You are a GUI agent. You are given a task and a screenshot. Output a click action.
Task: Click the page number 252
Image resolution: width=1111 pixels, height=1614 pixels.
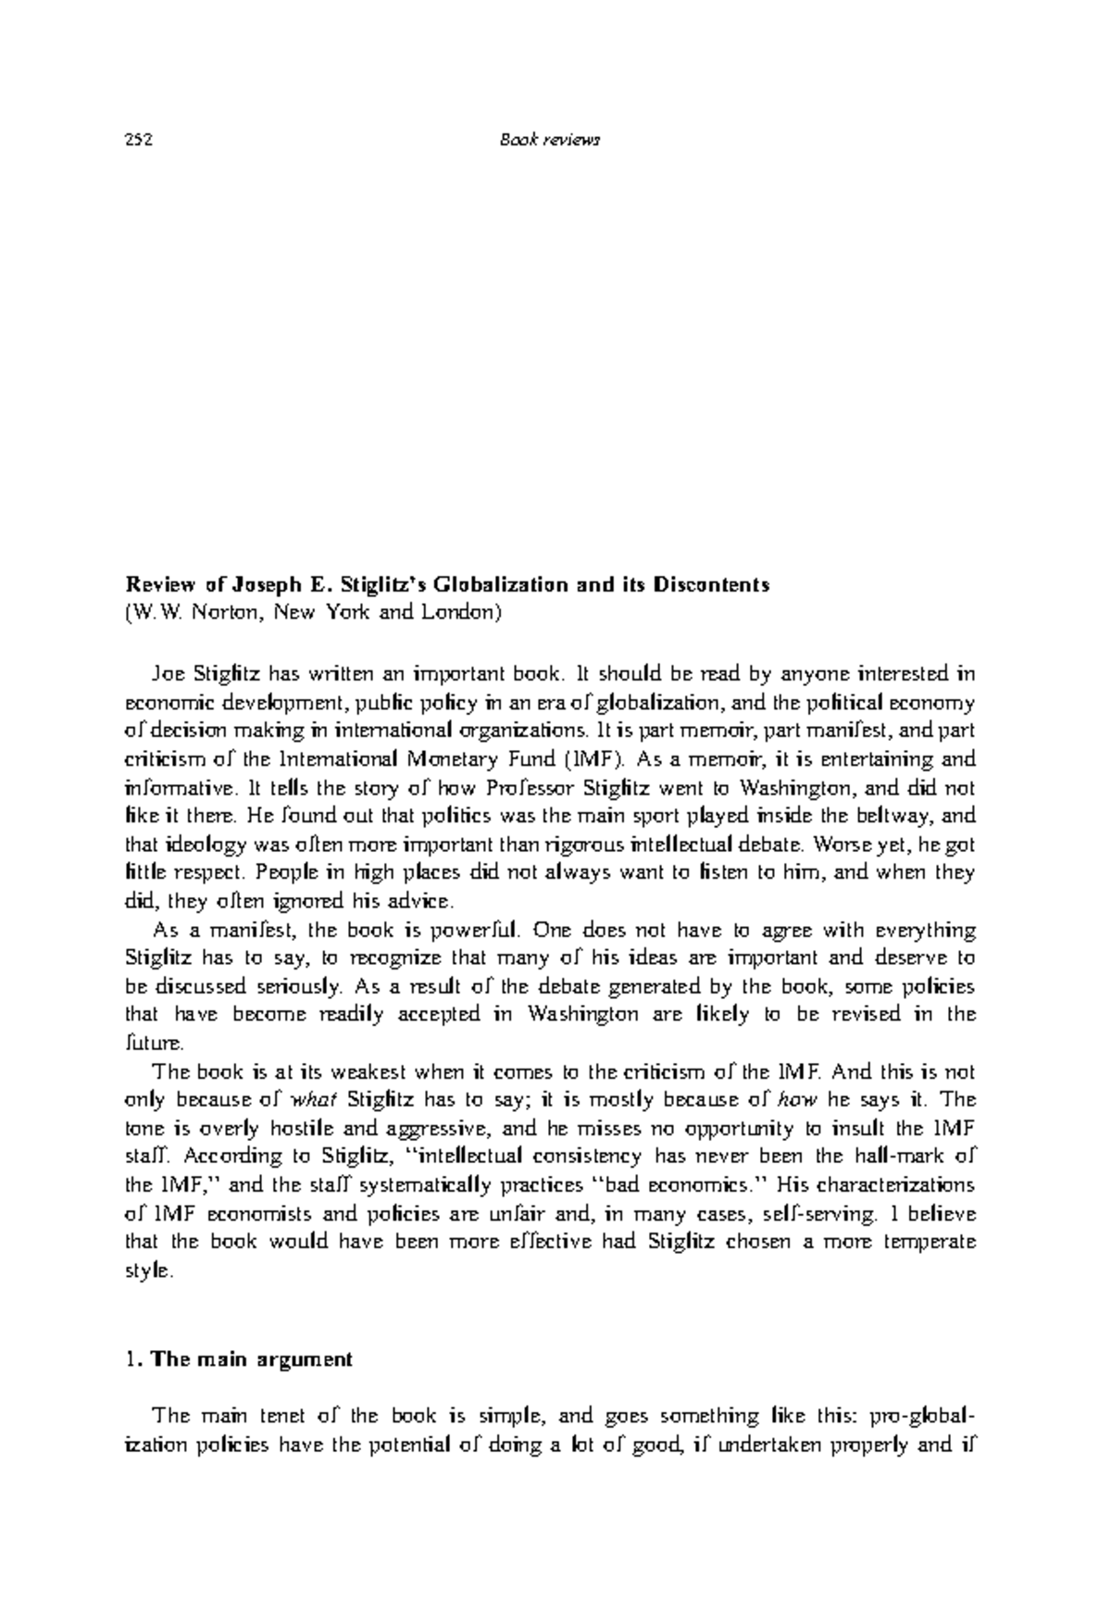[x=138, y=141]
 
